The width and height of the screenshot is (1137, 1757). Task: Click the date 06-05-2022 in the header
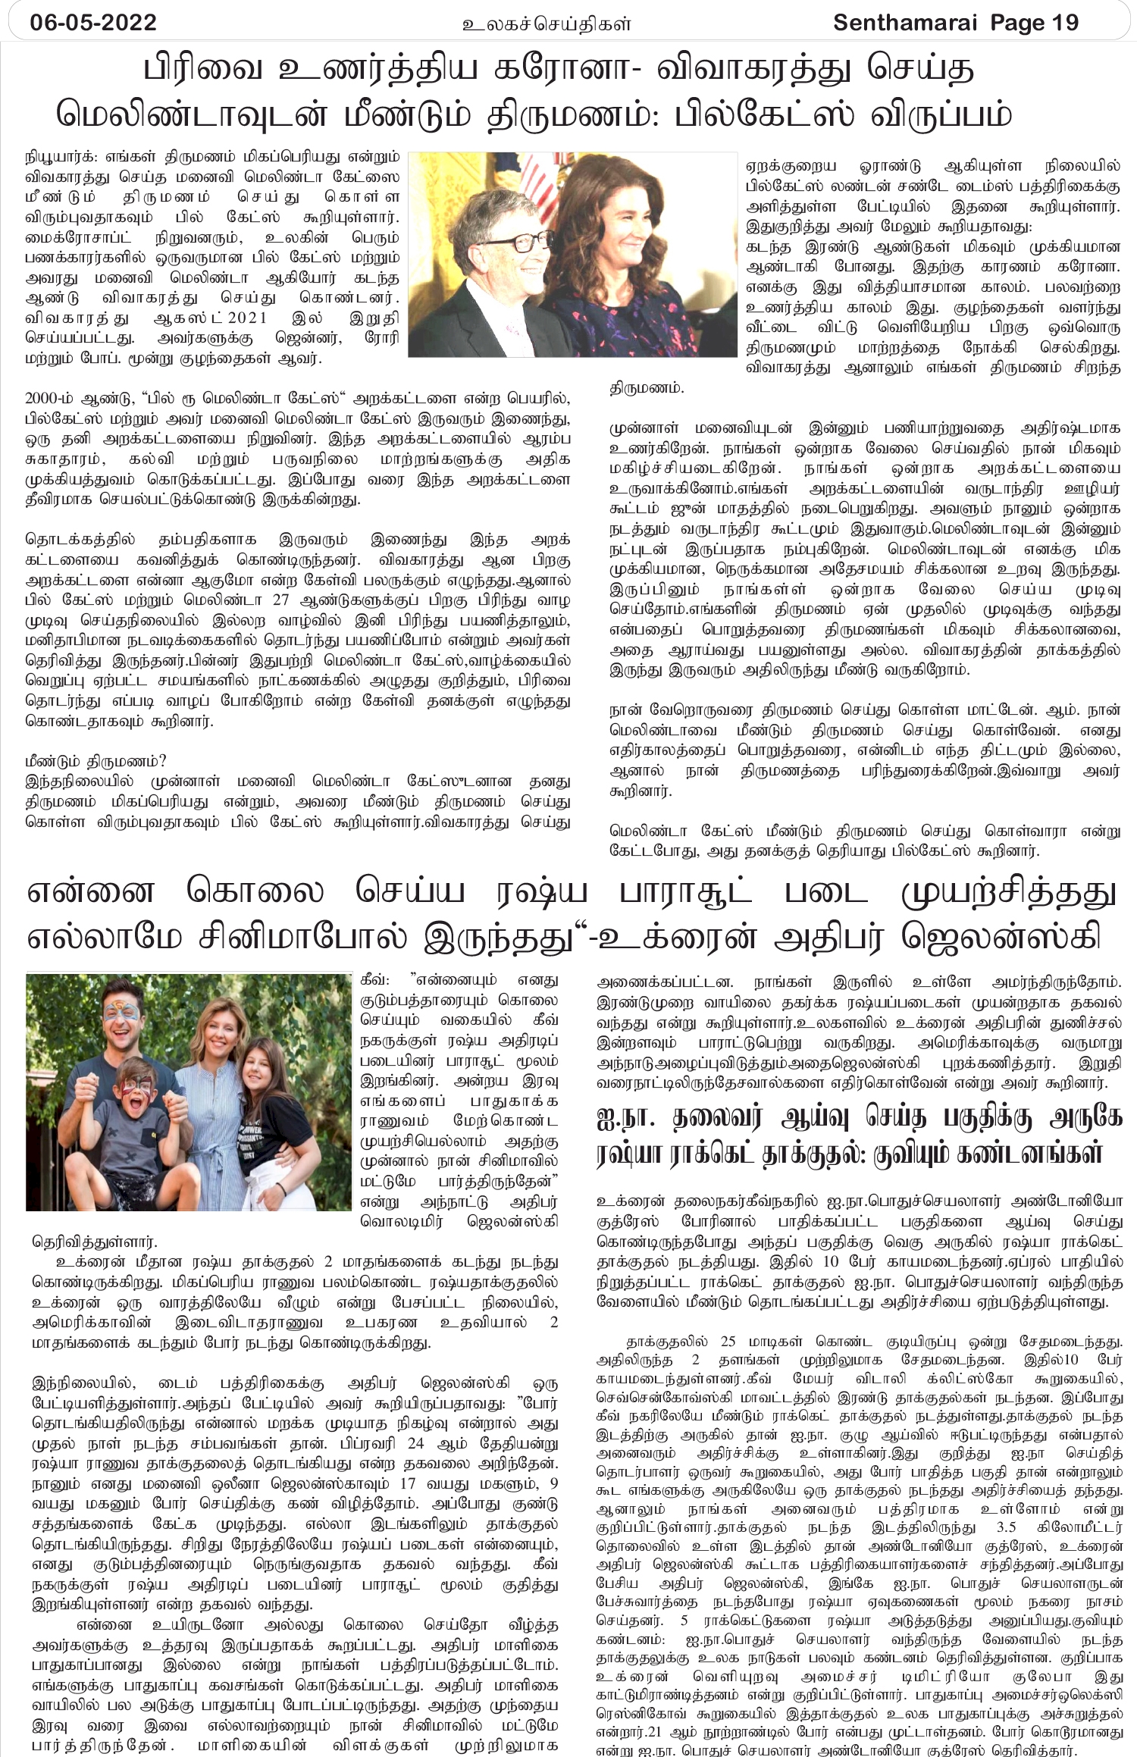pyautogui.click(x=93, y=23)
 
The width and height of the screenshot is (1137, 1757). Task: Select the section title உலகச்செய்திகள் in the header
pyautogui.click(x=547, y=24)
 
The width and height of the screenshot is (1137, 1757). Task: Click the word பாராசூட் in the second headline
pyautogui.click(x=686, y=891)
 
